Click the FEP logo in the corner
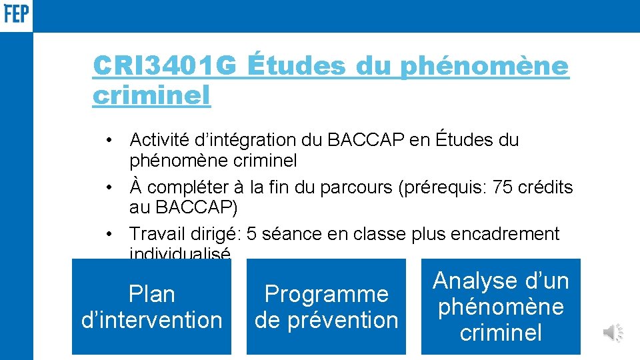16,13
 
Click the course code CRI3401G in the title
165,66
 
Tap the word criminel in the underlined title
151,95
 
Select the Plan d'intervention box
151,307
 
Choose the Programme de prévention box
326,307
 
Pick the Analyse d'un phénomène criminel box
501,307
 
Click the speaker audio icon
613,332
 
